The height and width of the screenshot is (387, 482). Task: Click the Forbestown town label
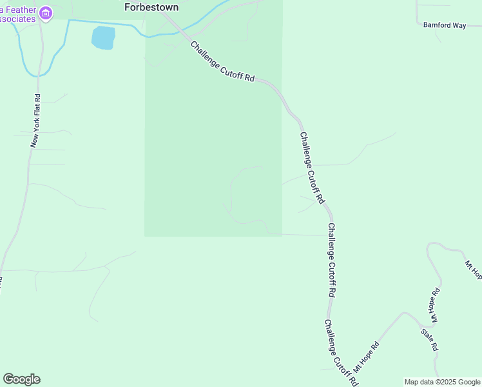click(x=150, y=7)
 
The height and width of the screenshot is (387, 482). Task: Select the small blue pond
click(x=103, y=38)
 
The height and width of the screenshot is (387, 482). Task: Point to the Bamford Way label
click(x=444, y=25)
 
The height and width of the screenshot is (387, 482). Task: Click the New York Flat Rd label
click(x=36, y=121)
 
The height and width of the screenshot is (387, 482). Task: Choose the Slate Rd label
click(x=430, y=339)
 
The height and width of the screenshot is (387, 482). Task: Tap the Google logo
click(x=21, y=379)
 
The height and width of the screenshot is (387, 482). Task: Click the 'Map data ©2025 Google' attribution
click(x=442, y=382)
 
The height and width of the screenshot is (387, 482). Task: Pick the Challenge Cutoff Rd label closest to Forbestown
click(x=222, y=62)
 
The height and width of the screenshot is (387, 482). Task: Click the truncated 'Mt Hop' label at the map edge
click(x=473, y=270)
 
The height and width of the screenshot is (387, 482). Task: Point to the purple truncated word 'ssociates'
click(x=17, y=19)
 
